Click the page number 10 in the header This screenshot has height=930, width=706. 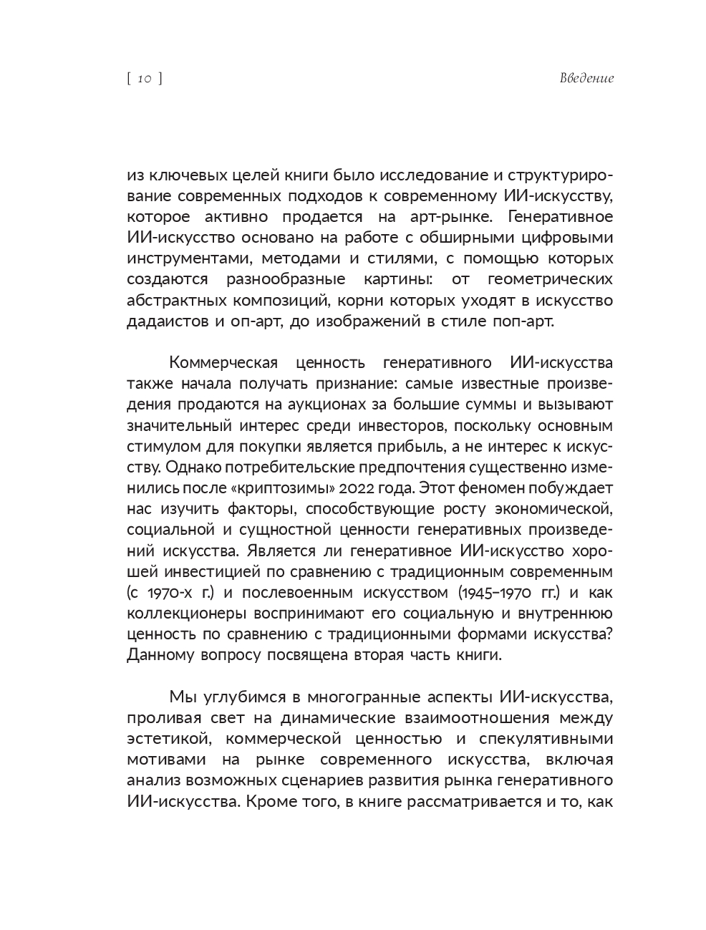coord(145,79)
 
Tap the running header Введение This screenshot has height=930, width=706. coord(586,79)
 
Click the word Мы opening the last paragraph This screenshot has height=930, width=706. coord(181,697)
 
